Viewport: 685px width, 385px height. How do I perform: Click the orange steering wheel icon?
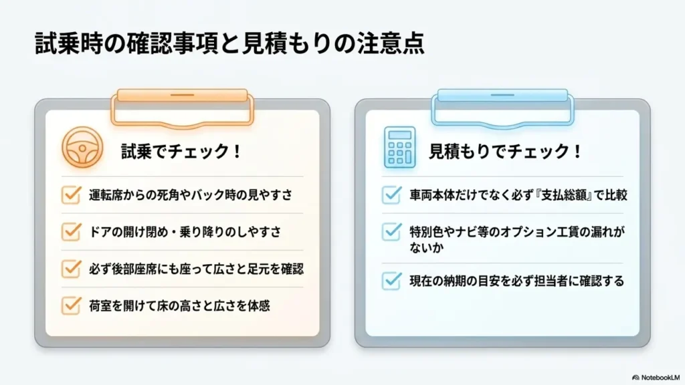tap(82, 147)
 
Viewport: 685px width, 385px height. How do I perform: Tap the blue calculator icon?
tap(399, 147)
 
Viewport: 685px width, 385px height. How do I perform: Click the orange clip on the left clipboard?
tap(182, 108)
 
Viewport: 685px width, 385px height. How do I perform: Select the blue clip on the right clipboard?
tap(502, 108)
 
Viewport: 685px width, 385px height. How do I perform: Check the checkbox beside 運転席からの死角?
tap(71, 195)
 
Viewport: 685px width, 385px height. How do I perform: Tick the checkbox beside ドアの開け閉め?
tap(71, 231)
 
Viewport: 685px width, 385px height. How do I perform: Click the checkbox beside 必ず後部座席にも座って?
tap(71, 269)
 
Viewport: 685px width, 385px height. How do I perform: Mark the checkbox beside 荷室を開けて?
tap(71, 305)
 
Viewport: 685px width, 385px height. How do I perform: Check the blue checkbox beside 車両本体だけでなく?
tap(391, 195)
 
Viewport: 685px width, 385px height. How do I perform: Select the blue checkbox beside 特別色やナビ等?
tap(391, 231)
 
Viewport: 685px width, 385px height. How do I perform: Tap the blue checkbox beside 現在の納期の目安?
tap(391, 281)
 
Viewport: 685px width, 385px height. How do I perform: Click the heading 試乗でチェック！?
tap(181, 152)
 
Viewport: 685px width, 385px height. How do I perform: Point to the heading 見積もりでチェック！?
tap(505, 152)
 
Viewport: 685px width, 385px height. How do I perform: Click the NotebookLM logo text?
tap(660, 378)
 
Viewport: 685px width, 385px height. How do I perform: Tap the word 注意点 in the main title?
tap(391, 43)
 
